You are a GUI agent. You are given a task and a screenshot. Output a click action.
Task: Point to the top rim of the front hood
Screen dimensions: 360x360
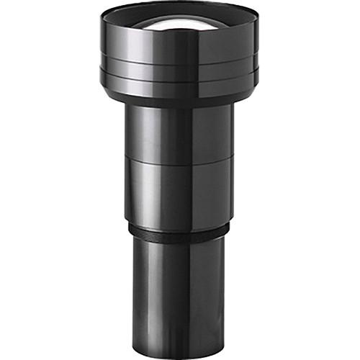click(180, 4)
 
